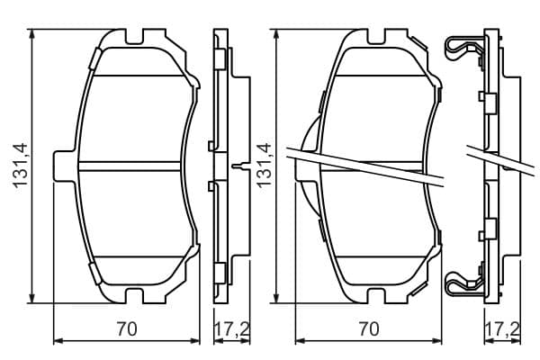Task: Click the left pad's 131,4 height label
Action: coord(20,166)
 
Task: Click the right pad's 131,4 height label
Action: coord(265,166)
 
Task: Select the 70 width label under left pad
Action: coord(127,329)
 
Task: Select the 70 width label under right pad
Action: coord(369,329)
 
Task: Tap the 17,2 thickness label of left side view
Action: coord(232,329)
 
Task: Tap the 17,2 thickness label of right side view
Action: coord(502,329)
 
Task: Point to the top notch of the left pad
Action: coord(134,37)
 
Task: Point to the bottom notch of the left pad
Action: coord(134,296)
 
